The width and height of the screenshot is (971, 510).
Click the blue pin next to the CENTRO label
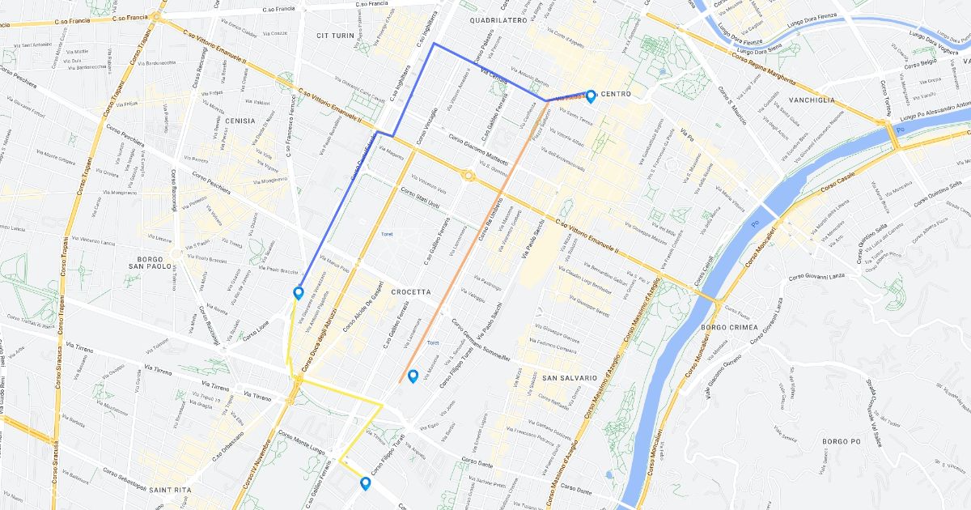[x=591, y=96]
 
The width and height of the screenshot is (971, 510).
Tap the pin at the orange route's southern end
[x=413, y=376]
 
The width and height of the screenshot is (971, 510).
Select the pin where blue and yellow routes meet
[x=298, y=292]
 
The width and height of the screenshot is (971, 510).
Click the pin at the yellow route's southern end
[x=365, y=483]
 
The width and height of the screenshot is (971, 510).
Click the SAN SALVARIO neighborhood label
[x=569, y=378]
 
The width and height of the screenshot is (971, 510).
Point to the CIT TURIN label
[x=336, y=36]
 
